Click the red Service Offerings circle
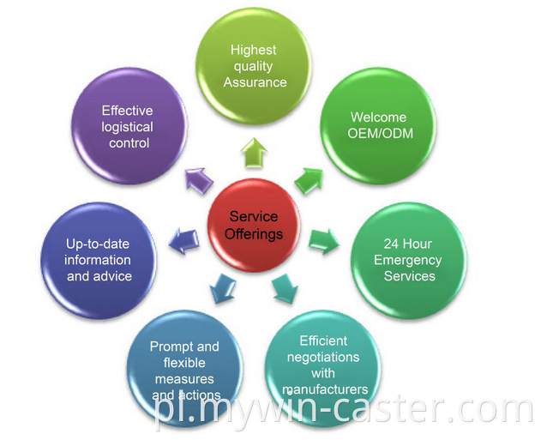click(255, 225)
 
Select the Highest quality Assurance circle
click(255, 67)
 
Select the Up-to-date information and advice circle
click(99, 259)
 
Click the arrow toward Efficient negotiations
click(284, 289)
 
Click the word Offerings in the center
click(255, 234)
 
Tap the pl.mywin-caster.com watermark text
click(346, 410)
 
